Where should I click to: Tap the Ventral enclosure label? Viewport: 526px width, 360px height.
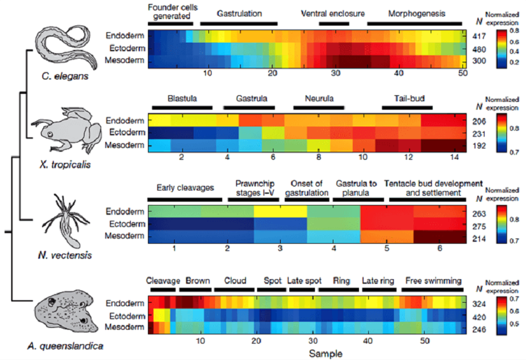[x=333, y=13]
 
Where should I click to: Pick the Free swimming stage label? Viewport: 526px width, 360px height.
[x=433, y=281]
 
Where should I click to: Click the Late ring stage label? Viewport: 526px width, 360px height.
[x=378, y=281]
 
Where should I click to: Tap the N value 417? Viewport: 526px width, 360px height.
[x=479, y=36]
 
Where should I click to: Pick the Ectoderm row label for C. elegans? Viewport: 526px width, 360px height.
[x=125, y=49]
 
